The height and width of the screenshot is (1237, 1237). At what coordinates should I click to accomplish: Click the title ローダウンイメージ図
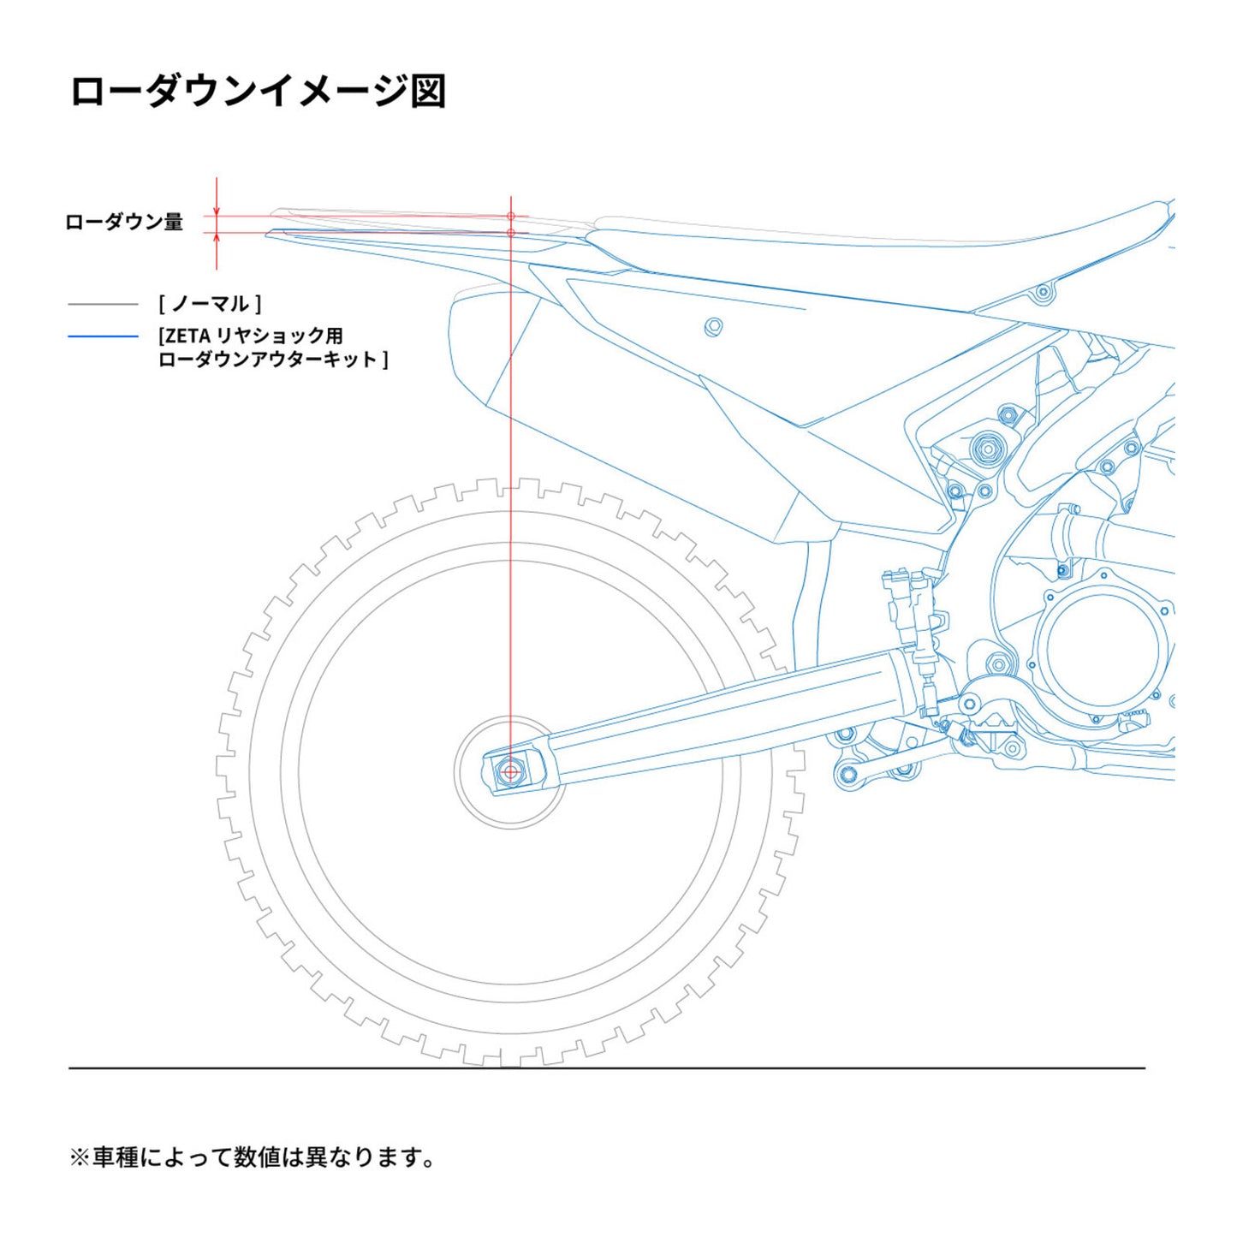[257, 92]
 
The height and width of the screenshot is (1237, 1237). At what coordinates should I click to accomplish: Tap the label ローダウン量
[124, 223]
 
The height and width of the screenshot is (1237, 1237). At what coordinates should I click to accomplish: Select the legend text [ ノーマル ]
[210, 304]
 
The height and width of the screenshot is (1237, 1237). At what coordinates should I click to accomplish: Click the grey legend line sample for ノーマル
[103, 304]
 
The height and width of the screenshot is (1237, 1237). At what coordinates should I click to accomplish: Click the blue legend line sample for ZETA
[103, 336]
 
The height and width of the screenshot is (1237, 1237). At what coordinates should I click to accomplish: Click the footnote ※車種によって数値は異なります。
[253, 1157]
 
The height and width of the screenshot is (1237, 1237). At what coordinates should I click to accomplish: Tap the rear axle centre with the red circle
[511, 772]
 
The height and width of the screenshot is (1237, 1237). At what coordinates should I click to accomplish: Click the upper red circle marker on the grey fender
[511, 217]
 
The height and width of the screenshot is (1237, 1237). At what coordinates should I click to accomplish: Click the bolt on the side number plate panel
[712, 326]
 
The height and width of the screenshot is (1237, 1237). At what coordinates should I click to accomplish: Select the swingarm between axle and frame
[719, 719]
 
